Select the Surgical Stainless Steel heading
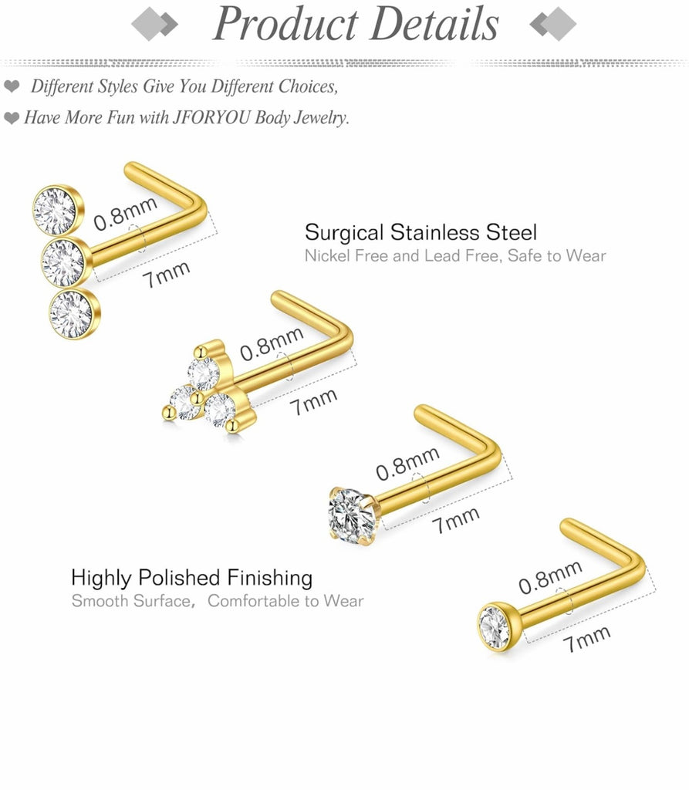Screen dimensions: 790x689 tap(420, 232)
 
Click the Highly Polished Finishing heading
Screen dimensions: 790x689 tap(191, 577)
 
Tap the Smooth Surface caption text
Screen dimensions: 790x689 tap(129, 601)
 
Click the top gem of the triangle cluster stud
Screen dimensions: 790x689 tap(204, 374)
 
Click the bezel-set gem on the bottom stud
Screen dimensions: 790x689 tap(494, 626)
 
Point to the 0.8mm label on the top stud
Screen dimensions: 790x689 tap(125, 214)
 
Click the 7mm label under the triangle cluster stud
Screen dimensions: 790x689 tap(314, 401)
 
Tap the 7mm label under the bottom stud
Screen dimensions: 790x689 tap(587, 639)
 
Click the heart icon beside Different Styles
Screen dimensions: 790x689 tap(12, 86)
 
